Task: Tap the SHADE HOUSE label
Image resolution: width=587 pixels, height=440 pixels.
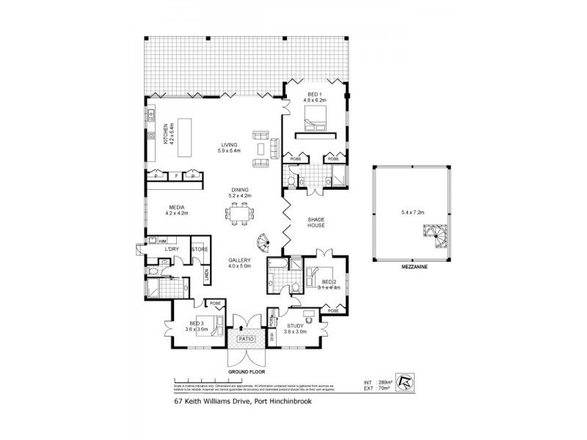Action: (318, 222)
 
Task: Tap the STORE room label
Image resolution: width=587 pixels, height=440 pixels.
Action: (199, 249)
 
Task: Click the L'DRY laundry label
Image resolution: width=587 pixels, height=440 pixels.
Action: (172, 249)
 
